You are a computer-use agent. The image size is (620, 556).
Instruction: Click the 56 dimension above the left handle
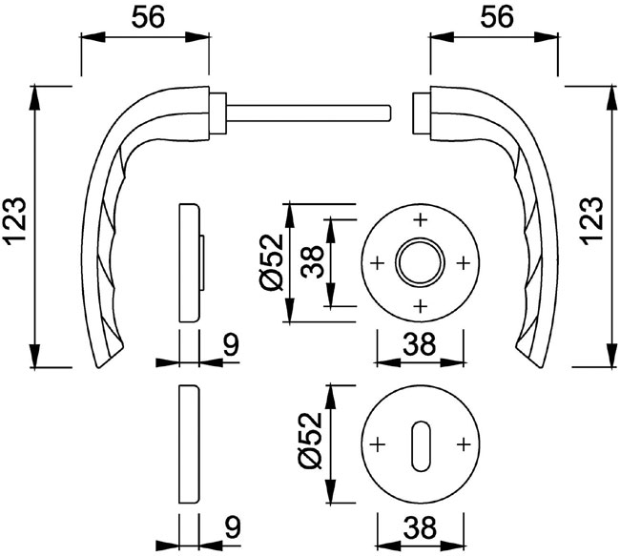[x=148, y=18]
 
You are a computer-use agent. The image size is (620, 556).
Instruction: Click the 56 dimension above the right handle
[x=497, y=18]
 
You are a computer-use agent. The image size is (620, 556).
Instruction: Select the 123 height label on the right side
[x=592, y=220]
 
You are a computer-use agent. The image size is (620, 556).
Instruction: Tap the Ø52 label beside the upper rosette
[x=271, y=262]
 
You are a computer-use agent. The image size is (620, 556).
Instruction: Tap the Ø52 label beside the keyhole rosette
[x=311, y=441]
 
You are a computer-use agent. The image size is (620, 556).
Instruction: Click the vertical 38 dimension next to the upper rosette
[x=312, y=261]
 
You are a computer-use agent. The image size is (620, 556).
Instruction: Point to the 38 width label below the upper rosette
[x=419, y=343]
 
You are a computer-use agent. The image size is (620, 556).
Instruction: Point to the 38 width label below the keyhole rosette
[x=420, y=527]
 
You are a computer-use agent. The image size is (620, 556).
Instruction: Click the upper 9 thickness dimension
[x=232, y=344]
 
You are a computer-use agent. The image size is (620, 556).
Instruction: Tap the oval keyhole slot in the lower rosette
[x=420, y=445]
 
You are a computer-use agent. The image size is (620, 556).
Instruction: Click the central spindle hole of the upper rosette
[x=421, y=262]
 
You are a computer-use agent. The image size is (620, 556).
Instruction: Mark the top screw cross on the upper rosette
[x=421, y=220]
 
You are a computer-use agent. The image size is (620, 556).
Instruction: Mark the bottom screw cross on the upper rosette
[x=421, y=305]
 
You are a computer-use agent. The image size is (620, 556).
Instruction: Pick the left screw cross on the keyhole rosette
[x=378, y=444]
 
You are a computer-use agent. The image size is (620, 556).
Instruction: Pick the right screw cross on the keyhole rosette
[x=463, y=444]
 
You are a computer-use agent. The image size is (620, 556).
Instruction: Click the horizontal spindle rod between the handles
[x=309, y=113]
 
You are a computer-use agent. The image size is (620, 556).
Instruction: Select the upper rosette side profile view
[x=192, y=262]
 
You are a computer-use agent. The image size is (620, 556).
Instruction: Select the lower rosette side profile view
[x=190, y=443]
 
